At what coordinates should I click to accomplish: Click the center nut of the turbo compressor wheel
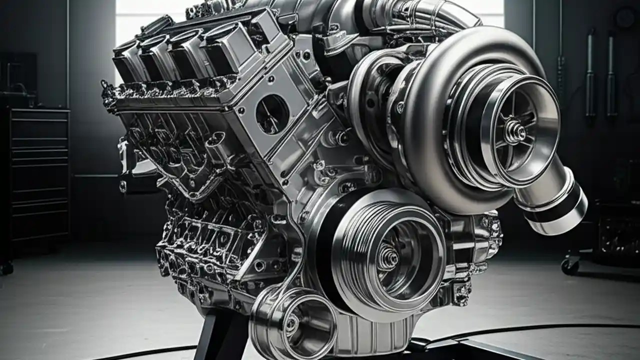tap(515, 131)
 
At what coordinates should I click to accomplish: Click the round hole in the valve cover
tap(272, 114)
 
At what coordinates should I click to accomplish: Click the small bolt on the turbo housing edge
tap(400, 107)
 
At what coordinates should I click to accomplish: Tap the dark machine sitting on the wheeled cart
tap(617, 230)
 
